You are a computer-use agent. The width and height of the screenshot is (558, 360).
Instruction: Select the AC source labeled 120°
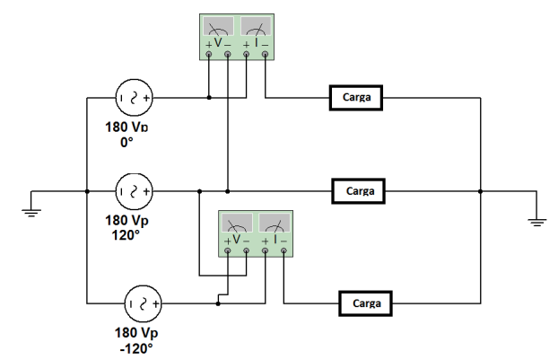[x=134, y=190]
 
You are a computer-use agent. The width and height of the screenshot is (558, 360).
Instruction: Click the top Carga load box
[x=356, y=97]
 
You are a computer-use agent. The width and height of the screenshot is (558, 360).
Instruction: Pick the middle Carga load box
[x=358, y=190]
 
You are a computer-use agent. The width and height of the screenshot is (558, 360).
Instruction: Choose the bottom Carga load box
[x=365, y=303]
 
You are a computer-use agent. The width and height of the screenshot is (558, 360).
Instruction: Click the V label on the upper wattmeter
[x=218, y=42]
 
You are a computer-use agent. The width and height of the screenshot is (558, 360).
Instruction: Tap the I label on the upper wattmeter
[x=256, y=42]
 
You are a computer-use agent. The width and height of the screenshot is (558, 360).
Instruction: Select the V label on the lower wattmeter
[x=236, y=241]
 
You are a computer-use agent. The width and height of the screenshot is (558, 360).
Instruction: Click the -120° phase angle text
[x=137, y=347]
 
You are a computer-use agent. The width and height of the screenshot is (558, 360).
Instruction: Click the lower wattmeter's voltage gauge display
[x=236, y=224]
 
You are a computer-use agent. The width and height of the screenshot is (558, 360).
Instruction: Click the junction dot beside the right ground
[x=481, y=190]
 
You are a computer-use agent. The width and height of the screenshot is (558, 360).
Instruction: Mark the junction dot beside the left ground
[x=86, y=190]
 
